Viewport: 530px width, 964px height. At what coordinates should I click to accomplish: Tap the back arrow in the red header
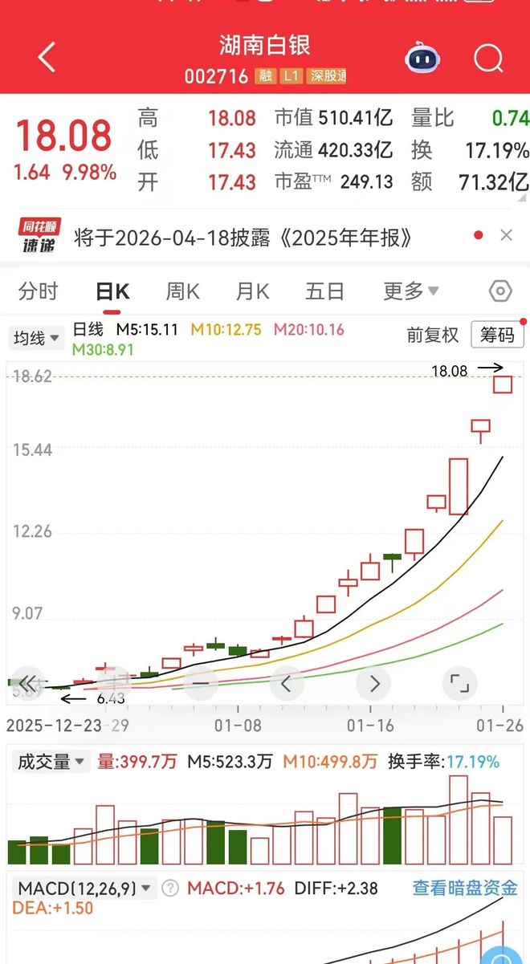click(47, 58)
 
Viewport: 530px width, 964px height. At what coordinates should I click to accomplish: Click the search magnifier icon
click(487, 58)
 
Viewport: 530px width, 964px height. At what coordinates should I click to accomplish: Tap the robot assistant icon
click(423, 58)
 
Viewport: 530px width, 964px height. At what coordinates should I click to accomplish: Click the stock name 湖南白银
click(264, 45)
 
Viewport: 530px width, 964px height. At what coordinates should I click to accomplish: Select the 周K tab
click(182, 291)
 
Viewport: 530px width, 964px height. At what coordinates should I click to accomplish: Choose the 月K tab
click(252, 291)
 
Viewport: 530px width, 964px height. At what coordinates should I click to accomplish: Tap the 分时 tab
click(38, 291)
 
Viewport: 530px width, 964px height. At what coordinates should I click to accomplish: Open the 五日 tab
click(325, 291)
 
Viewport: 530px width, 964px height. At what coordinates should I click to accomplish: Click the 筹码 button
click(497, 335)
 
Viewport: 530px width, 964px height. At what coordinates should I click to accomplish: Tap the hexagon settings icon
click(500, 291)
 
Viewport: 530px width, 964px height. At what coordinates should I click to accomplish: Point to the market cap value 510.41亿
click(356, 119)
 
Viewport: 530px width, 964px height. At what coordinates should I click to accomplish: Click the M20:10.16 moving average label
click(308, 330)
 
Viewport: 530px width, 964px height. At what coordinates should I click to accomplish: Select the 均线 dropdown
click(36, 338)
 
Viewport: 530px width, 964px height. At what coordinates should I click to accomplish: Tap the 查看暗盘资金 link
click(465, 888)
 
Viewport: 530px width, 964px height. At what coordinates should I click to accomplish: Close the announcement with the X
click(506, 235)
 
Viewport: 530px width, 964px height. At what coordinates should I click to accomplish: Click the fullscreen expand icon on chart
click(459, 684)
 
